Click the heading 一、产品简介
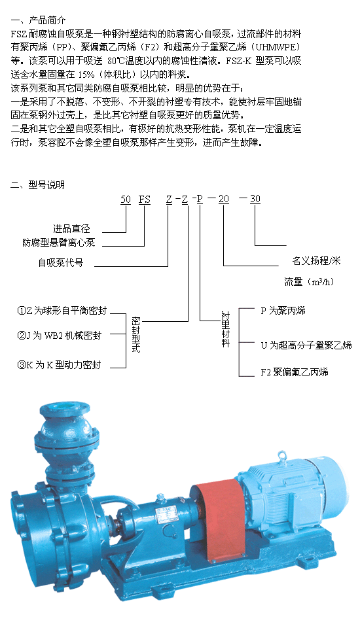point(38,20)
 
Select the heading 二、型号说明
point(38,184)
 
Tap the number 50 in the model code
point(126,199)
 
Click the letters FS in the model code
point(144,199)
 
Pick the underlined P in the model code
point(200,199)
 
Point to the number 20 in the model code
point(224,199)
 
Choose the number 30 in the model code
point(255,199)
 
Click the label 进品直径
point(72,229)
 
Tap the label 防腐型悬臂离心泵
point(59,242)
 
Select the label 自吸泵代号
point(61,263)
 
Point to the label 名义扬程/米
point(316,261)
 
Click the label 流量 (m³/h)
point(309,281)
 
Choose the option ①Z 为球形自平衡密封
point(62,311)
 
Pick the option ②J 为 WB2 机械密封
point(60,336)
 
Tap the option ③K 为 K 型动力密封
point(59,365)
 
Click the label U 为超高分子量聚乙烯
point(306,345)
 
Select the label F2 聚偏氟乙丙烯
point(295,372)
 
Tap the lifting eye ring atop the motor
point(283,455)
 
